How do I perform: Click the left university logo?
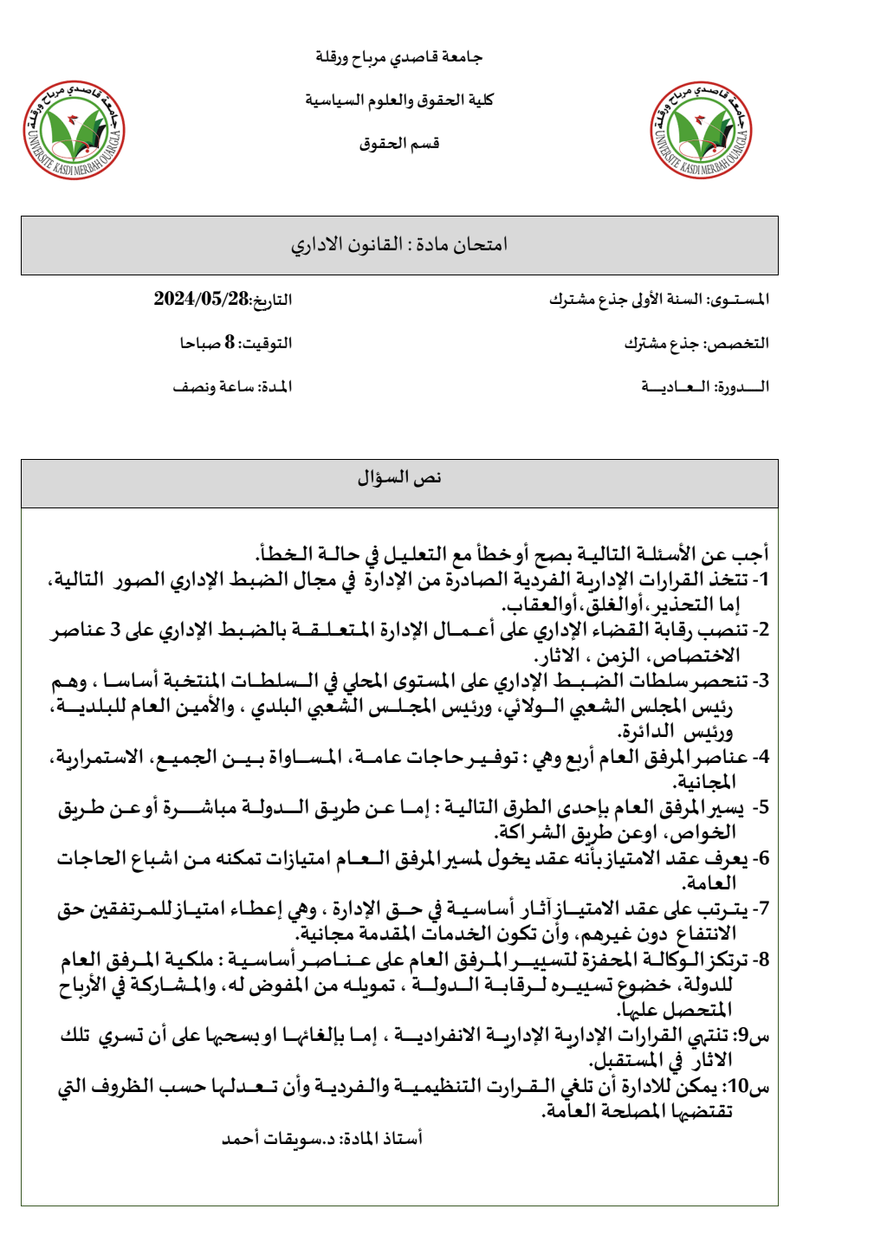pos(74,131)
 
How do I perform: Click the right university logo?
pos(702,131)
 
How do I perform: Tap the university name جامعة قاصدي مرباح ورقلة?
pos(398,57)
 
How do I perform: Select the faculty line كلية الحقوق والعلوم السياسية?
pos(399,100)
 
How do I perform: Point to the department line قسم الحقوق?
pos(399,144)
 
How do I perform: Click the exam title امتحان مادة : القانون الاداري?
pos(399,245)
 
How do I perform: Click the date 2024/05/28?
pos(201,300)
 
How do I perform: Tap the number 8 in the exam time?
pos(230,343)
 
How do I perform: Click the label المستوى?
pos(741,300)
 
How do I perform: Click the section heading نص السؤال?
pos(399,478)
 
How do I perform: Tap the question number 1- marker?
pos(761,579)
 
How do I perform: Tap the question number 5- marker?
pos(761,808)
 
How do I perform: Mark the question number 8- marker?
pos(761,960)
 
